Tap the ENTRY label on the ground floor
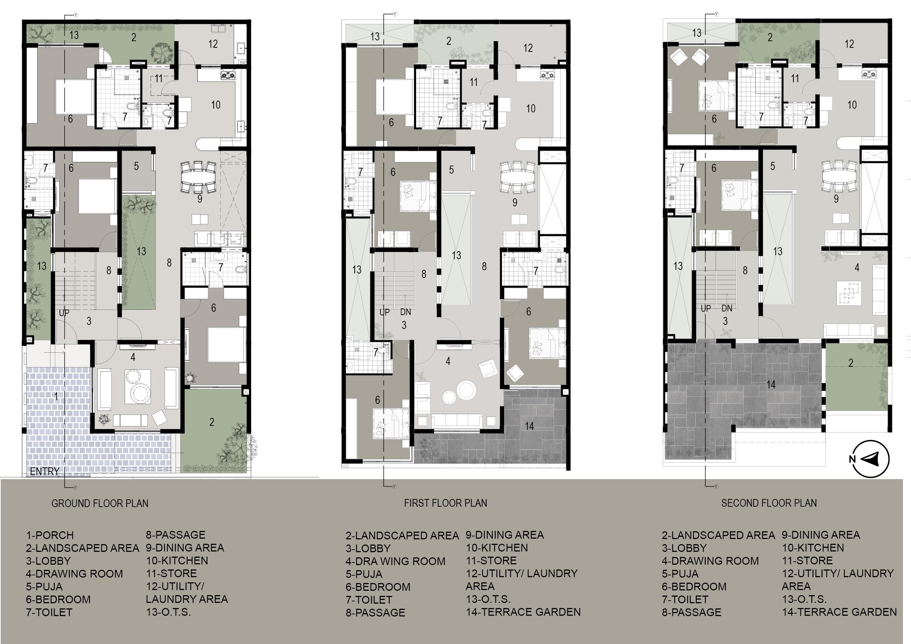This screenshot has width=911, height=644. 44,471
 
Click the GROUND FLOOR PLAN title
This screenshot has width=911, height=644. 100,503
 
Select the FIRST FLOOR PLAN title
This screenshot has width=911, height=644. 445,503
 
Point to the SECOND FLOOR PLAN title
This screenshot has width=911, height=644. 769,503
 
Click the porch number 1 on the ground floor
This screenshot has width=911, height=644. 56,396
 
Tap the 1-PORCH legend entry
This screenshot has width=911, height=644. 50,535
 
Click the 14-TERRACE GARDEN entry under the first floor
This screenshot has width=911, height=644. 523,612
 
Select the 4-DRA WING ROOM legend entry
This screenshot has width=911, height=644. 395,561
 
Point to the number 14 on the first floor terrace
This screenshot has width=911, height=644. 529,426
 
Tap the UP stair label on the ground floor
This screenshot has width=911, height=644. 64,313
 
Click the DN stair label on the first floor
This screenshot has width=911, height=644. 405,312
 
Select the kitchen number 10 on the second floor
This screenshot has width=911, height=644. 852,105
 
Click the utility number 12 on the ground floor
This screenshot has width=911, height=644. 213,44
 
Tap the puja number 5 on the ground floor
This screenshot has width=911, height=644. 136,166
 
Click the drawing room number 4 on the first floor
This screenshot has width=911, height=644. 448,361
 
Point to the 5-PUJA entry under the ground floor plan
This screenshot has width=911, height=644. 44,586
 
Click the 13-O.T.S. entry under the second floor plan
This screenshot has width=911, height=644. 804,599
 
